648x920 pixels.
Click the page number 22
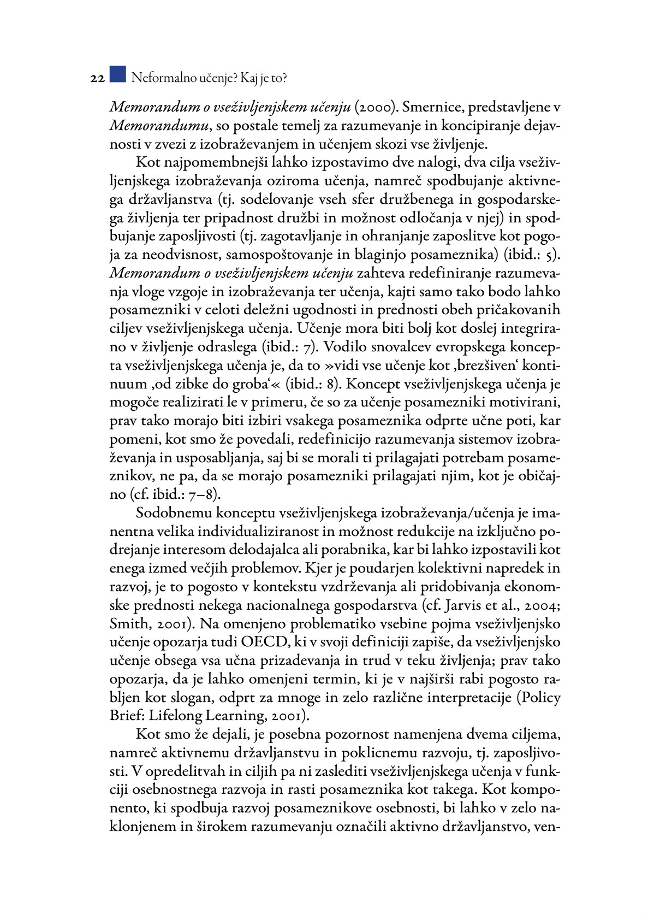coord(97,79)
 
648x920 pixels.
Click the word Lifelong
coord(179,716)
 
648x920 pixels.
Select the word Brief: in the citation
coord(127,716)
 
